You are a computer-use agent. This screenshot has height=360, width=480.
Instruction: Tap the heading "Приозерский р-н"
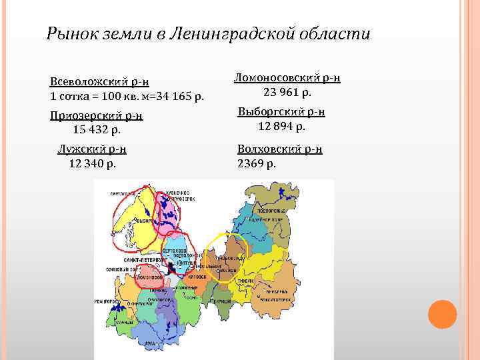tap(96, 115)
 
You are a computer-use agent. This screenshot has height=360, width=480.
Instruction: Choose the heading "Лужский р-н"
tap(93, 149)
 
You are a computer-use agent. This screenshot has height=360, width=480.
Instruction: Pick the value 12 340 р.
tap(93, 163)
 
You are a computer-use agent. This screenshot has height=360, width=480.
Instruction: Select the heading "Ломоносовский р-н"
tap(287, 77)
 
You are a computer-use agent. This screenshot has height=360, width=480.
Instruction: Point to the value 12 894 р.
tap(281, 125)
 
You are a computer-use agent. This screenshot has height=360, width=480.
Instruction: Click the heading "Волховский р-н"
tap(280, 149)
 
